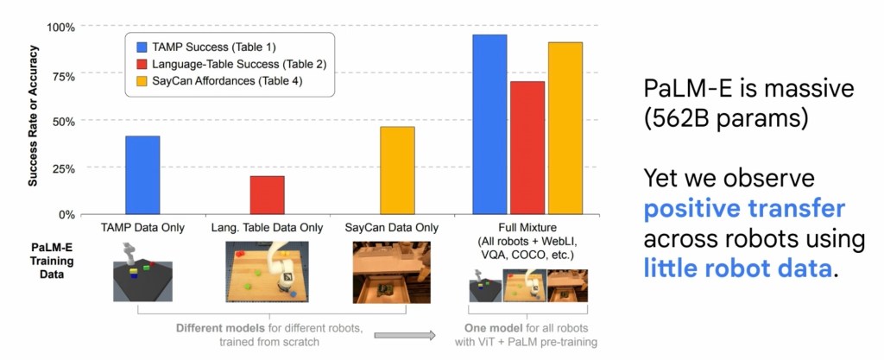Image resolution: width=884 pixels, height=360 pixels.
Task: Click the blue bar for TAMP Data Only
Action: tap(142, 174)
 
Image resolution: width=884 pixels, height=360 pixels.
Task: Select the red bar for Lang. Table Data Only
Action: tap(267, 195)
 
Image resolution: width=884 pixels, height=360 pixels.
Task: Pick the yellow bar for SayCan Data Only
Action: tap(397, 170)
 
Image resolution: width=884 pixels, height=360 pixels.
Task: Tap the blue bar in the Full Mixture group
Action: tap(489, 124)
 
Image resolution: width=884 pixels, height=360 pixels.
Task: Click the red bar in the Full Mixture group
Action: tap(527, 148)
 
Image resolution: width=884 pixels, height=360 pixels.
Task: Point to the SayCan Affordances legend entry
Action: tap(222, 82)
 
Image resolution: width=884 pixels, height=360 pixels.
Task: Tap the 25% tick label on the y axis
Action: tap(64, 167)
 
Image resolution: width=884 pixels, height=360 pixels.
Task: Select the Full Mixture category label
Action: tap(527, 228)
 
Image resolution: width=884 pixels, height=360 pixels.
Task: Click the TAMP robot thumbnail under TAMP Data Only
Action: tap(142, 269)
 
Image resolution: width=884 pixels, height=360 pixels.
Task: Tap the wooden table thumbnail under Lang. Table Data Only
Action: tap(267, 269)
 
